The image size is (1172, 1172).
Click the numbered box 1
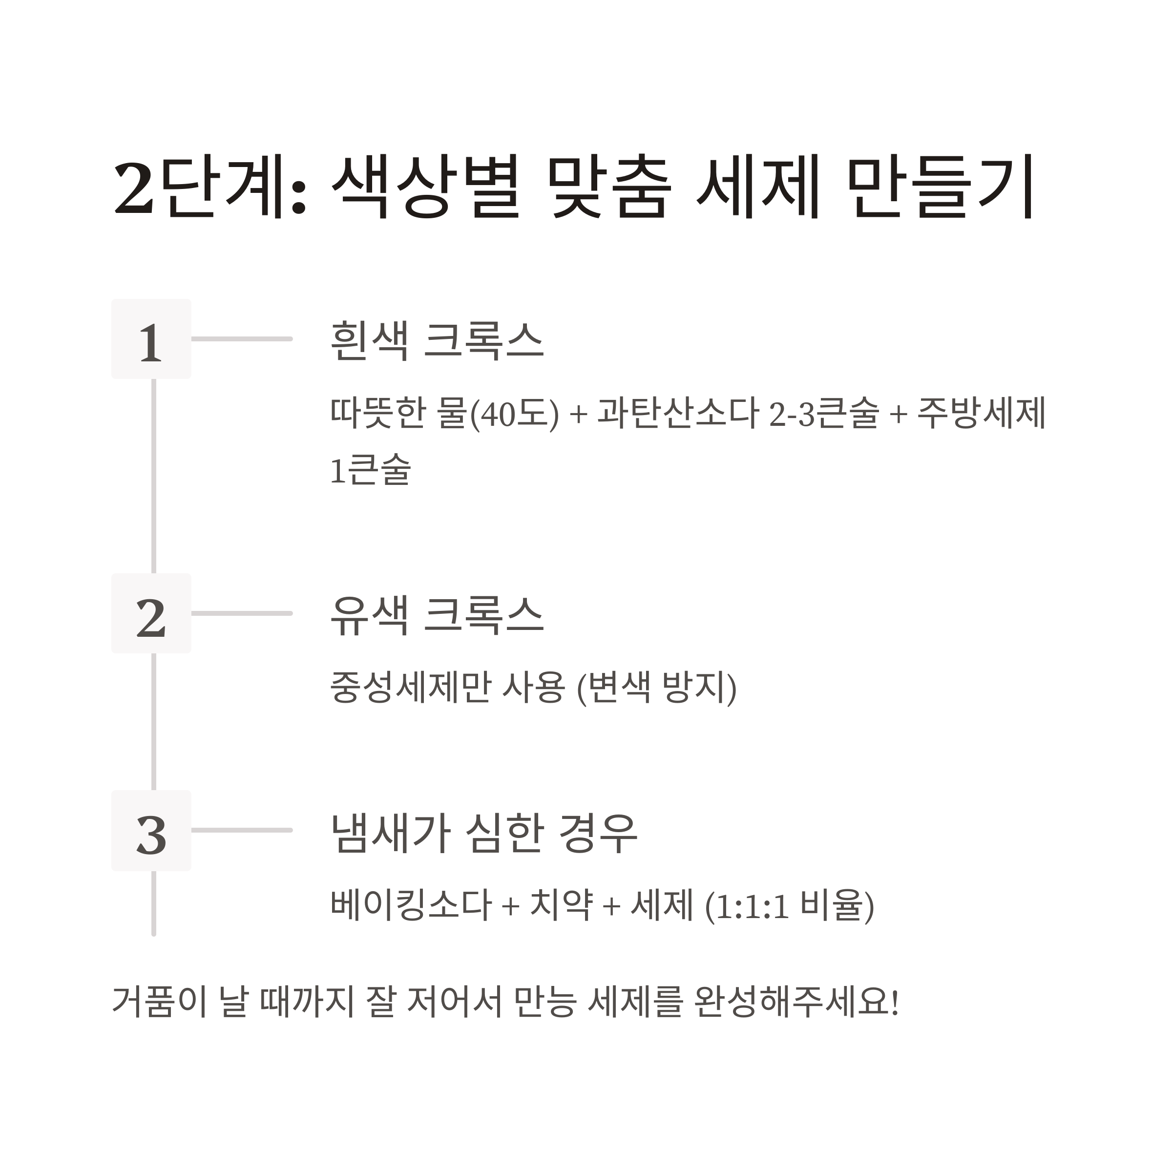tap(151, 339)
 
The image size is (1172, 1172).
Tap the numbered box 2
tap(151, 613)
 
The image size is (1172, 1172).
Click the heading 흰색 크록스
tap(436, 340)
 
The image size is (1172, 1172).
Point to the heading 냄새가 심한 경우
tap(483, 832)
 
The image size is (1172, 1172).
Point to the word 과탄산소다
tap(678, 413)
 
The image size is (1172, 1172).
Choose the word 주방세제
tap(982, 413)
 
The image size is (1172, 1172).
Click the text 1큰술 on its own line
tap(371, 470)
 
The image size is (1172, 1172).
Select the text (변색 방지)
tap(656, 687)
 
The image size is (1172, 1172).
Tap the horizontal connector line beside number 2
tap(241, 613)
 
